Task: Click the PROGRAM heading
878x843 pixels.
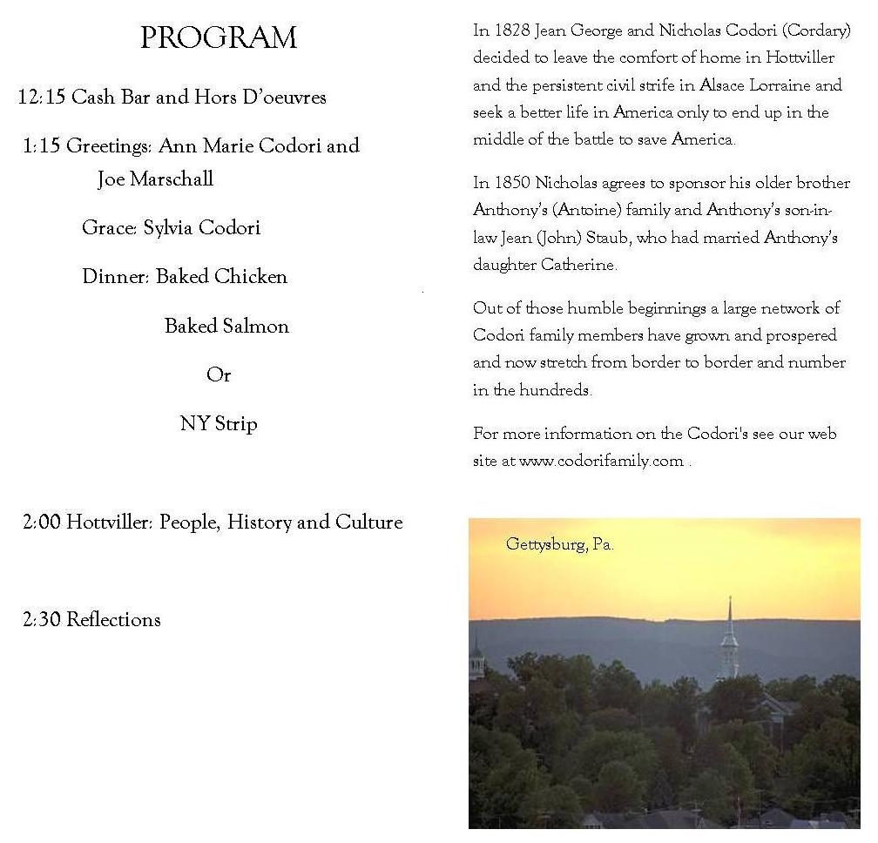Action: click(218, 38)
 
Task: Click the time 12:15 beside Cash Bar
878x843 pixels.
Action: click(41, 97)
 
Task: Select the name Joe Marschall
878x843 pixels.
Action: click(155, 179)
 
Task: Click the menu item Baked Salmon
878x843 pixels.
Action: click(226, 327)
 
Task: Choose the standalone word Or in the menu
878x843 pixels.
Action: click(219, 375)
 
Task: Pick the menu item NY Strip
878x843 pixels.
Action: click(219, 424)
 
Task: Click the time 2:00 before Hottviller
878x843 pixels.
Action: click(41, 523)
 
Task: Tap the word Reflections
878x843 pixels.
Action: click(113, 620)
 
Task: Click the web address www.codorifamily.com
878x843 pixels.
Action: click(601, 462)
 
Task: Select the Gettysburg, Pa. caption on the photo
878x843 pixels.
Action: click(559, 545)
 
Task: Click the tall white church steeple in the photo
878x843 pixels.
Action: click(729, 640)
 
